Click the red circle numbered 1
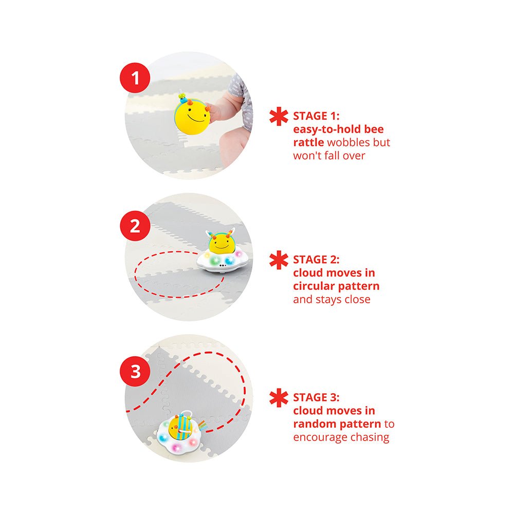click(x=135, y=78)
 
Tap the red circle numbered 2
click(x=135, y=226)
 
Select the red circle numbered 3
click(x=135, y=372)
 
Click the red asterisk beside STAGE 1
click(x=279, y=116)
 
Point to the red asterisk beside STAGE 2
click(x=279, y=260)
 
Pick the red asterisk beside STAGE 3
click(x=279, y=398)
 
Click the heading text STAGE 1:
click(x=316, y=116)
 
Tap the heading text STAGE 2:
click(x=316, y=260)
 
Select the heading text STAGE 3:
click(x=316, y=397)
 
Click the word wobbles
click(x=348, y=142)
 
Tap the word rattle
click(x=308, y=142)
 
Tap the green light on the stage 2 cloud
click(x=215, y=261)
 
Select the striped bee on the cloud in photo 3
click(x=180, y=427)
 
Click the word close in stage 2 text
click(x=357, y=299)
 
